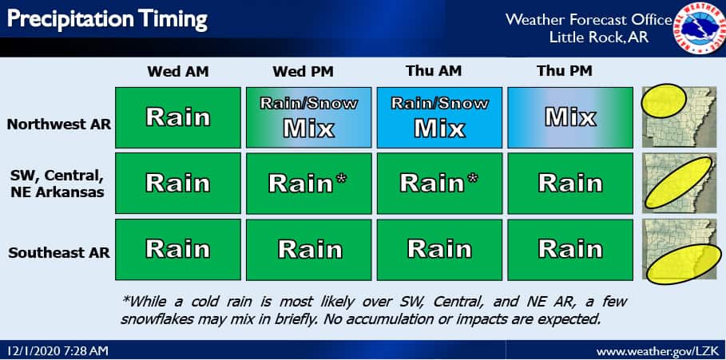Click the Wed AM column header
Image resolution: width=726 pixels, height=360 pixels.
178,72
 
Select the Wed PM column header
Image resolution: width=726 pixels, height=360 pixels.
303,72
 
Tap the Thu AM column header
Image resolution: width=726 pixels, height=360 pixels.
434,71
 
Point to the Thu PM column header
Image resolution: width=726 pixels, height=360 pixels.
565,71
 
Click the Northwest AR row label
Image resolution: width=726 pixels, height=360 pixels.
59,125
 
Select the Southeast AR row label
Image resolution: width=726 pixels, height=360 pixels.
59,253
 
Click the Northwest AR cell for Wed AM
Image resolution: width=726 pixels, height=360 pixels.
178,117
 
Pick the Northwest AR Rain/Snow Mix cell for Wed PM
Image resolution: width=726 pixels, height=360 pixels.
309,117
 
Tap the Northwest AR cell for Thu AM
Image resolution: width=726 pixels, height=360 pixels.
439,117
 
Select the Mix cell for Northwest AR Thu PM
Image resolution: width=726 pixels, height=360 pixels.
570,117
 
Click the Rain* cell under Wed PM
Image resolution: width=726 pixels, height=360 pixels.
309,184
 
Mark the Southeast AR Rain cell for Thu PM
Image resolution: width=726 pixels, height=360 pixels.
570,250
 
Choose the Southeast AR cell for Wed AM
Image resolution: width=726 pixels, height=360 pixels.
178,250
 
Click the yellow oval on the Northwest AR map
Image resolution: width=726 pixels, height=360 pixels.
663,101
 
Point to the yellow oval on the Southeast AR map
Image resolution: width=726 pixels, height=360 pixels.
684,263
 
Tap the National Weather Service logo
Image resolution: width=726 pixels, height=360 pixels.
699,29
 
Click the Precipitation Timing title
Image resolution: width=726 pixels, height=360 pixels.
107,20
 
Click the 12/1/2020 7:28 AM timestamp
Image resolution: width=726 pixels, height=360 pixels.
58,350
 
